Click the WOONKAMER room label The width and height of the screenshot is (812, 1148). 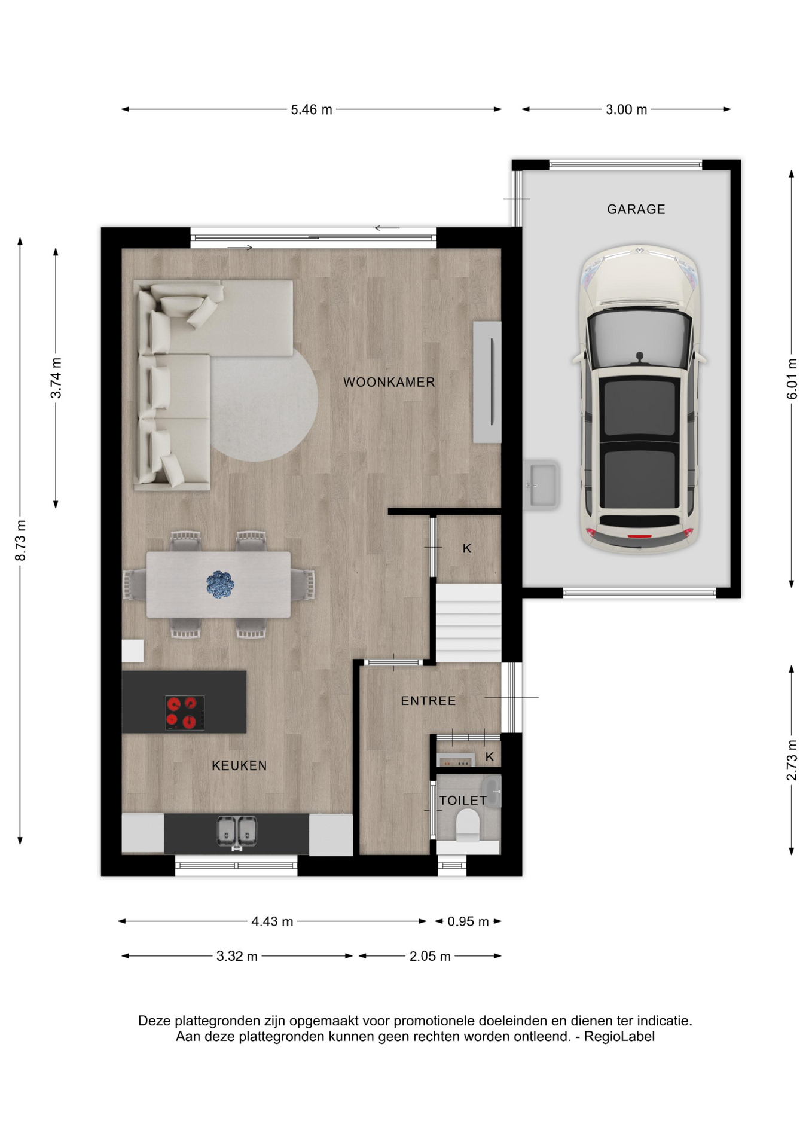(389, 382)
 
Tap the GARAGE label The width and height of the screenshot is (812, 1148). (636, 209)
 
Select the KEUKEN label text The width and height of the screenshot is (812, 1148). (239, 765)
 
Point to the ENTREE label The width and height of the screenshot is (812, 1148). (428, 701)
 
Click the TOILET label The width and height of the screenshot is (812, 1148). (463, 801)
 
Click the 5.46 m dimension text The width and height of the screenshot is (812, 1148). (312, 110)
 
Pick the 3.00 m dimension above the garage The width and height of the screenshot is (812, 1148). (626, 110)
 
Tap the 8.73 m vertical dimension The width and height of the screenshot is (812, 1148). (21, 541)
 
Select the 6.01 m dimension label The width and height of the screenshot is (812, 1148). (792, 379)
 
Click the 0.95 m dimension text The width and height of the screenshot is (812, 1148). (468, 921)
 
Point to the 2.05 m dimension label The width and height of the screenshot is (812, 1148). (430, 957)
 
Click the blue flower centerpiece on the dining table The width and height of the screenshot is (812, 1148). (220, 584)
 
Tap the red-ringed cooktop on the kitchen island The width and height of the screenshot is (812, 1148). (185, 713)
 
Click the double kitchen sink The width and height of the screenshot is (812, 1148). (237, 832)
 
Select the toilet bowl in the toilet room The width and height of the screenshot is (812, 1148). (468, 825)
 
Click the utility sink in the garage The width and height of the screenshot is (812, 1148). (542, 484)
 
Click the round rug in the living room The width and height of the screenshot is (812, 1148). (263, 405)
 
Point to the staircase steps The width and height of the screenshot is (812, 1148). (468, 622)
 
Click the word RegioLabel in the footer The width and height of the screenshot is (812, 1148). (619, 1037)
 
